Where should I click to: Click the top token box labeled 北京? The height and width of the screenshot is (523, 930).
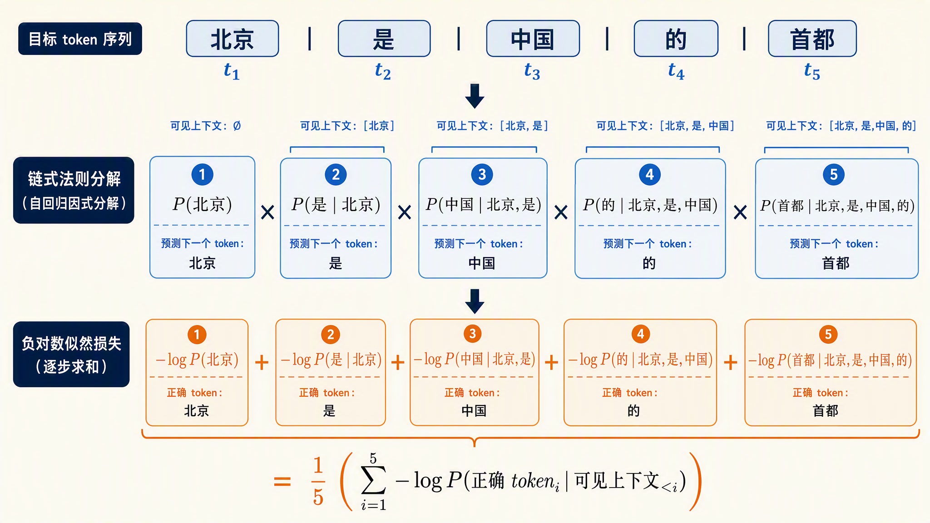click(x=232, y=39)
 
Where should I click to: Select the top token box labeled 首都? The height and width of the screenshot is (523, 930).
click(x=812, y=39)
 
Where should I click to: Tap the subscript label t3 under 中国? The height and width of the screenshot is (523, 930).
click(x=532, y=71)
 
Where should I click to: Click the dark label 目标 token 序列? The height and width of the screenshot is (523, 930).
click(x=80, y=39)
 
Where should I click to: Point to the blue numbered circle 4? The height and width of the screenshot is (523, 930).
click(x=650, y=174)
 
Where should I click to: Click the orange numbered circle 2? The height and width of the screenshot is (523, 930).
click(x=331, y=335)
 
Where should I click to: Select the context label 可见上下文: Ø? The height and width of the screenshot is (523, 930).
click(x=206, y=126)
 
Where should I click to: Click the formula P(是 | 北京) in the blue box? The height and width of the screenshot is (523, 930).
click(x=336, y=205)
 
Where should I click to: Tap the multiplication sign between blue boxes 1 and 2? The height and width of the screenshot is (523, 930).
click(x=268, y=212)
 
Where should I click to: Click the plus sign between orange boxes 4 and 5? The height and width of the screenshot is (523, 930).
click(x=731, y=362)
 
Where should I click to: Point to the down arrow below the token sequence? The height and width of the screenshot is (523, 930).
click(x=475, y=96)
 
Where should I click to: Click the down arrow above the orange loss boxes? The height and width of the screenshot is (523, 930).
click(x=475, y=301)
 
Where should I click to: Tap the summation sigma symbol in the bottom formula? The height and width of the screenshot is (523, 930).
click(x=374, y=480)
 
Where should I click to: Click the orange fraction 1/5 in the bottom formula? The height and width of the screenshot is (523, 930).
click(x=318, y=481)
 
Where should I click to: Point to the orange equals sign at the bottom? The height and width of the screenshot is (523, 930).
click(x=282, y=481)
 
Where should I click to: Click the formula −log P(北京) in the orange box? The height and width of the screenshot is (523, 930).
click(x=197, y=360)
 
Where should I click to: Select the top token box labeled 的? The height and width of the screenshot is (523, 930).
click(x=676, y=39)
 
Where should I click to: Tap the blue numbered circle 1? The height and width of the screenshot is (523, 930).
click(x=202, y=174)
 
